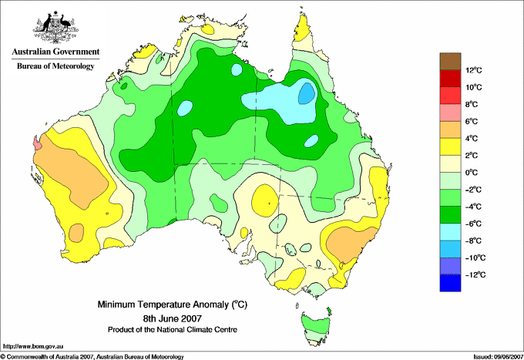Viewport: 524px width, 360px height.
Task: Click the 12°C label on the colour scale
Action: click(x=474, y=70)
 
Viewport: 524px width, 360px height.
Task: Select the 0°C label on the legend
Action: click(x=472, y=173)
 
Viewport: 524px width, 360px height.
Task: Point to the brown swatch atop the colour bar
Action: click(x=450, y=62)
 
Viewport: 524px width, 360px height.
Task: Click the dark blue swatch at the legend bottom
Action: click(x=450, y=283)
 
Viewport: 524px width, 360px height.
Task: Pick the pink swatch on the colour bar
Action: click(x=450, y=113)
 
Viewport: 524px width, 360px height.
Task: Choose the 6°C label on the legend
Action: click(x=472, y=121)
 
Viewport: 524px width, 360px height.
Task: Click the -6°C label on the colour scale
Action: click(x=473, y=224)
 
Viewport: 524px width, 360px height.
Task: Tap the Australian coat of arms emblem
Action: click(x=55, y=28)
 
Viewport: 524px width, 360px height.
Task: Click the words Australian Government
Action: click(x=55, y=52)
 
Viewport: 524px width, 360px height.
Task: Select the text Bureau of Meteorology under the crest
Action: click(x=55, y=66)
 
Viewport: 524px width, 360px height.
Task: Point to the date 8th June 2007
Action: click(x=173, y=318)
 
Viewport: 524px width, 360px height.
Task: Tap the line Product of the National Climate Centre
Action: click(x=173, y=330)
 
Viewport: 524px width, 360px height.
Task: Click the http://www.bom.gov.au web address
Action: click(x=33, y=347)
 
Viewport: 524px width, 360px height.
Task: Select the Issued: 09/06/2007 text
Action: click(x=499, y=357)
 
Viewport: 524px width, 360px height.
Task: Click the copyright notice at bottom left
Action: click(x=92, y=357)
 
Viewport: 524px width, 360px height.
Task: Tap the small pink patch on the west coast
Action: click(x=37, y=143)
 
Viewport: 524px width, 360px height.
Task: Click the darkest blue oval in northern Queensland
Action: click(x=307, y=93)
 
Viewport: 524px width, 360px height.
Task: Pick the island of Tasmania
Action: click(x=316, y=328)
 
